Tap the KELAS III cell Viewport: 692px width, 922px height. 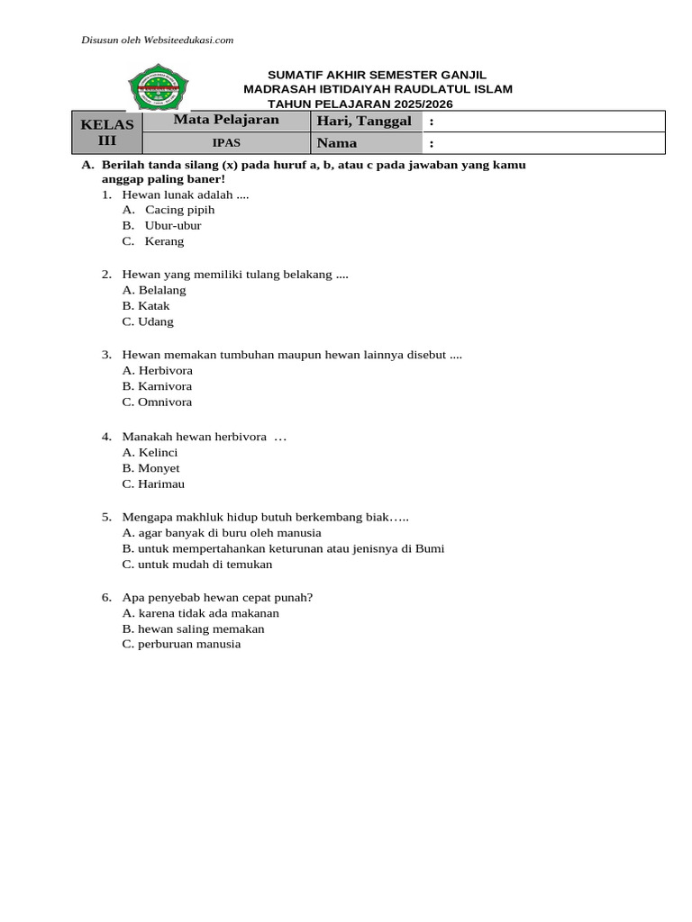(x=107, y=131)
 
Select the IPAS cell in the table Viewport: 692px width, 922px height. (x=226, y=143)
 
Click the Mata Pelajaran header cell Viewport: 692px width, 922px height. (x=226, y=120)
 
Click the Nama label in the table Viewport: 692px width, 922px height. (x=337, y=143)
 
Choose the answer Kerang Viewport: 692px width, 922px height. (x=163, y=241)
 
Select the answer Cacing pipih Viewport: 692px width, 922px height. (x=179, y=210)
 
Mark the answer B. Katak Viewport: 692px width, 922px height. (x=146, y=306)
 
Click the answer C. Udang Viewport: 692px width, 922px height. (x=148, y=321)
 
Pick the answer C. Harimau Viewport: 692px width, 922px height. (x=153, y=484)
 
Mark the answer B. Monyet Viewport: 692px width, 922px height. (x=151, y=468)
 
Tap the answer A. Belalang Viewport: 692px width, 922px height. (x=154, y=290)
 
